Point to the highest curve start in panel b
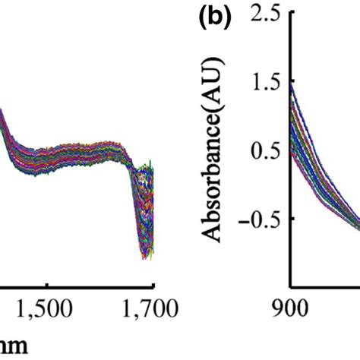[x=292, y=84]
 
